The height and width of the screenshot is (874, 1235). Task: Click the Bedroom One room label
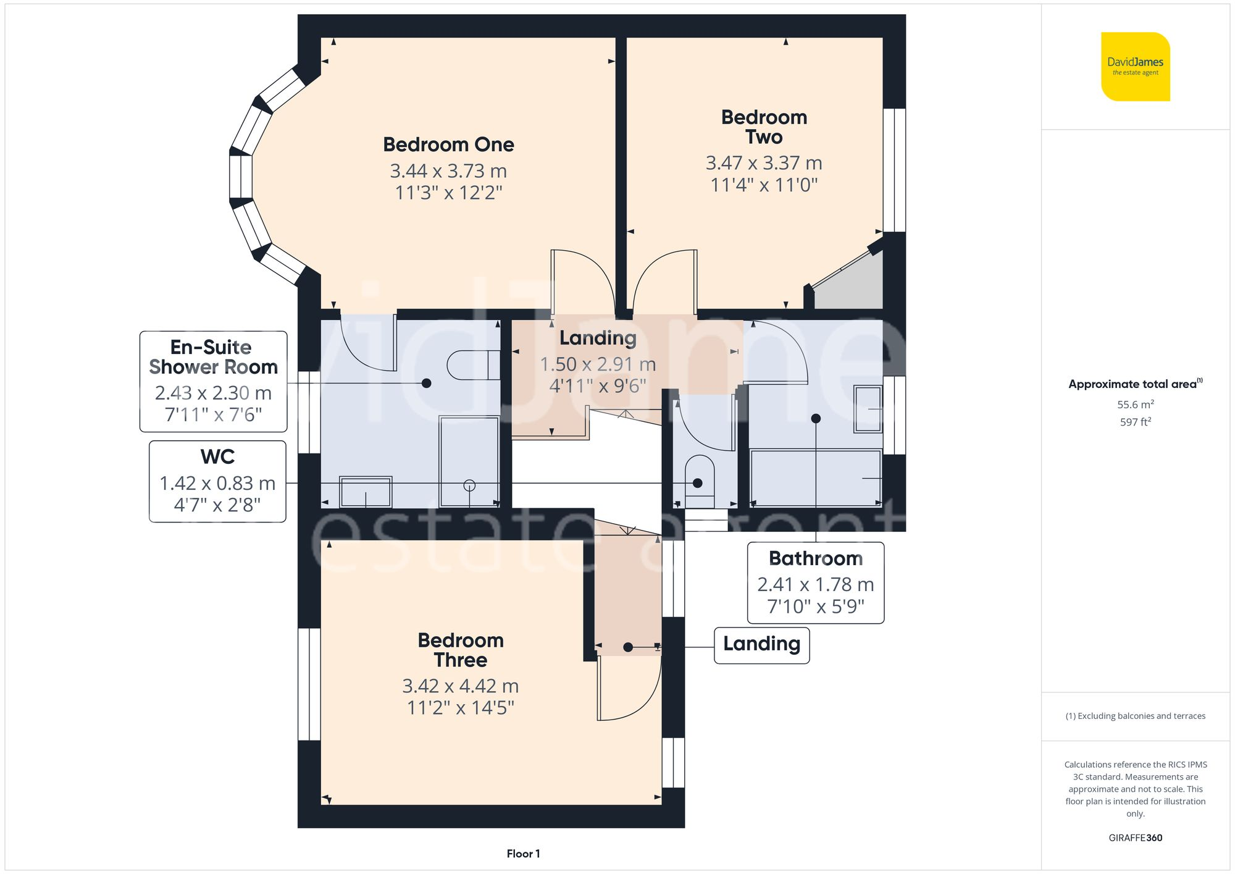click(448, 145)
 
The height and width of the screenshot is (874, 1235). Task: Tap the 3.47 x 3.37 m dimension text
click(764, 163)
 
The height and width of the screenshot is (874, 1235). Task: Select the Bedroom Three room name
click(461, 650)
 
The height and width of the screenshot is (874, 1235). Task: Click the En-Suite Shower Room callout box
click(213, 381)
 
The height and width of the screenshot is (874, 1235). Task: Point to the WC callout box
click(217, 481)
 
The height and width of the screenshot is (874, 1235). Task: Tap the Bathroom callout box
click(815, 582)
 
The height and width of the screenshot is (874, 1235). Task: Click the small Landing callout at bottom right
click(761, 644)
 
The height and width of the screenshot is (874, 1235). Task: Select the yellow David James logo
click(1135, 67)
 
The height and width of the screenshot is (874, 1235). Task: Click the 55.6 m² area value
click(1135, 405)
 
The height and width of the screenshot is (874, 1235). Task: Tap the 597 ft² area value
click(1135, 422)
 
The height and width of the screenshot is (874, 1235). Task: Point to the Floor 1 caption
click(523, 854)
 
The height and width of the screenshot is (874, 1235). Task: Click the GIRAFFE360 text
click(1135, 838)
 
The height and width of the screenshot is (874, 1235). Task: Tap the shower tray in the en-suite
click(469, 460)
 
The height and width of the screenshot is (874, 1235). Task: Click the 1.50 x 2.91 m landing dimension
click(597, 364)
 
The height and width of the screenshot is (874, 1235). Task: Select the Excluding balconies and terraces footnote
click(1135, 716)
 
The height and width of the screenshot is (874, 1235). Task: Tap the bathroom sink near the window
click(868, 409)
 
